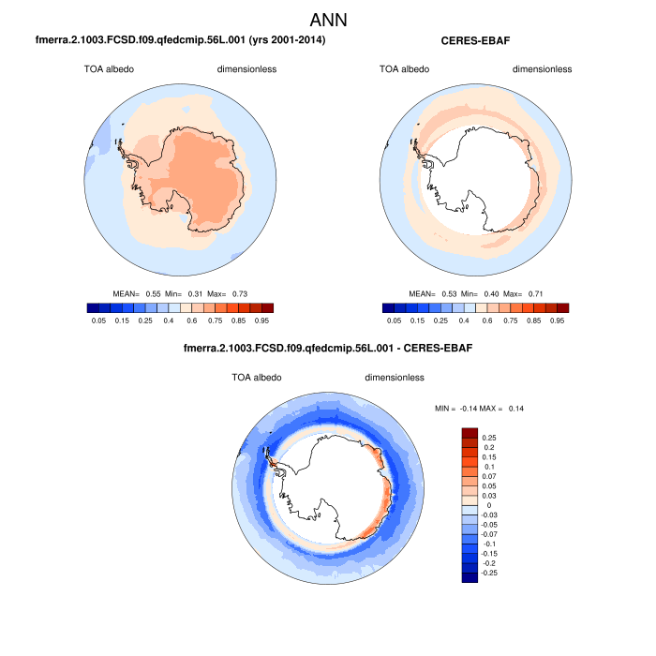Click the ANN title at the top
coord(328,19)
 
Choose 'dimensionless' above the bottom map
coord(395,378)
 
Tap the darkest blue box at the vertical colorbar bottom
coord(470,574)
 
